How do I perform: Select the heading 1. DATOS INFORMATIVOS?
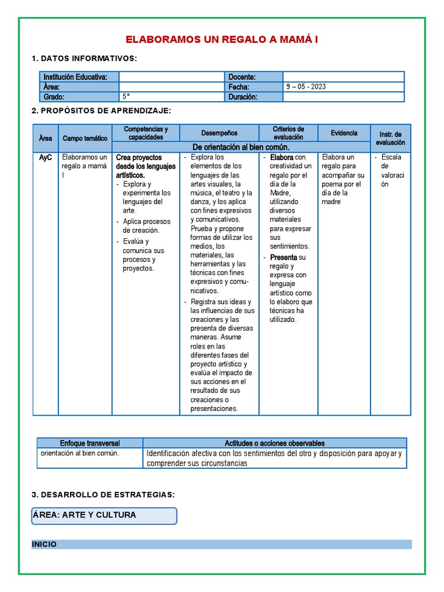(x=84, y=58)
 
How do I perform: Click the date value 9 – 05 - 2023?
(x=306, y=87)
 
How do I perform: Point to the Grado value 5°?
(x=126, y=97)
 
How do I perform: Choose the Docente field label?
(x=242, y=77)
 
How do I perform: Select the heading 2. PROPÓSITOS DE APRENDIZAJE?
(x=102, y=110)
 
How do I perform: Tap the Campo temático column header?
(x=85, y=138)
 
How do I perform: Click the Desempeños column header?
(x=219, y=133)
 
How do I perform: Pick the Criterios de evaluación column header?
(x=288, y=133)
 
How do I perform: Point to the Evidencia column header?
(x=344, y=133)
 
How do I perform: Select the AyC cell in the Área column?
(x=46, y=157)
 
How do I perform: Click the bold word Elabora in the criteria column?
(x=282, y=157)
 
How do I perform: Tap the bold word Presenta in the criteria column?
(x=284, y=257)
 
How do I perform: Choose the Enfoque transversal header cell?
(x=90, y=443)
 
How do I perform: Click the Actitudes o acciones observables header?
(x=275, y=443)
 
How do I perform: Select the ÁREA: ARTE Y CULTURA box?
(x=105, y=515)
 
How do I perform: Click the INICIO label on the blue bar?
(x=45, y=544)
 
